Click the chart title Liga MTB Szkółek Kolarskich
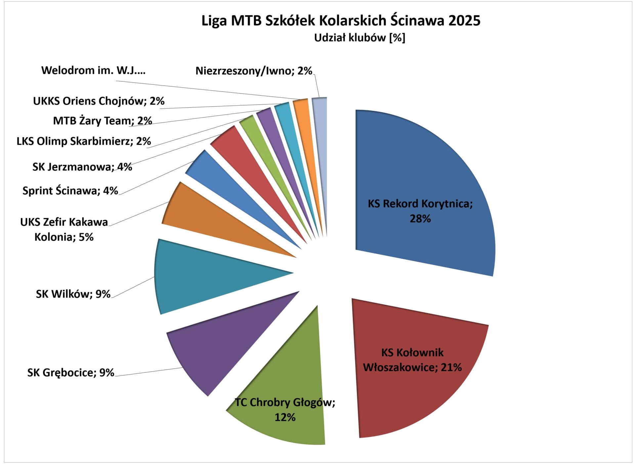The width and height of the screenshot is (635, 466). point(341,21)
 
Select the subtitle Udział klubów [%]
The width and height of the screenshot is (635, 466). point(360,38)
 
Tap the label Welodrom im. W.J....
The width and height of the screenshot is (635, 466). point(93,70)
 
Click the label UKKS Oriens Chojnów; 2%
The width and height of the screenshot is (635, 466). point(99,101)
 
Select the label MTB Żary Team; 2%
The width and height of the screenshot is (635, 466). point(103,121)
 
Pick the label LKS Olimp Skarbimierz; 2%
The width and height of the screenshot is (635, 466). point(84,141)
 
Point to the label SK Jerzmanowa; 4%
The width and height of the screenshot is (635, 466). point(82,167)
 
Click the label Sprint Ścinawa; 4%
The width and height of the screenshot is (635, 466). point(70,190)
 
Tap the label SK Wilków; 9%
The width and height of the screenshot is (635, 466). point(73,294)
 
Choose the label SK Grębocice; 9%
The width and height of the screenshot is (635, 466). point(70,373)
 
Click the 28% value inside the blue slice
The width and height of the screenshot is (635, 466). point(420,219)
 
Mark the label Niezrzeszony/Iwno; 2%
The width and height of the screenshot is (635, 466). point(254,71)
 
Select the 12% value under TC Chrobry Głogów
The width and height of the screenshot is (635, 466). point(285,417)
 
